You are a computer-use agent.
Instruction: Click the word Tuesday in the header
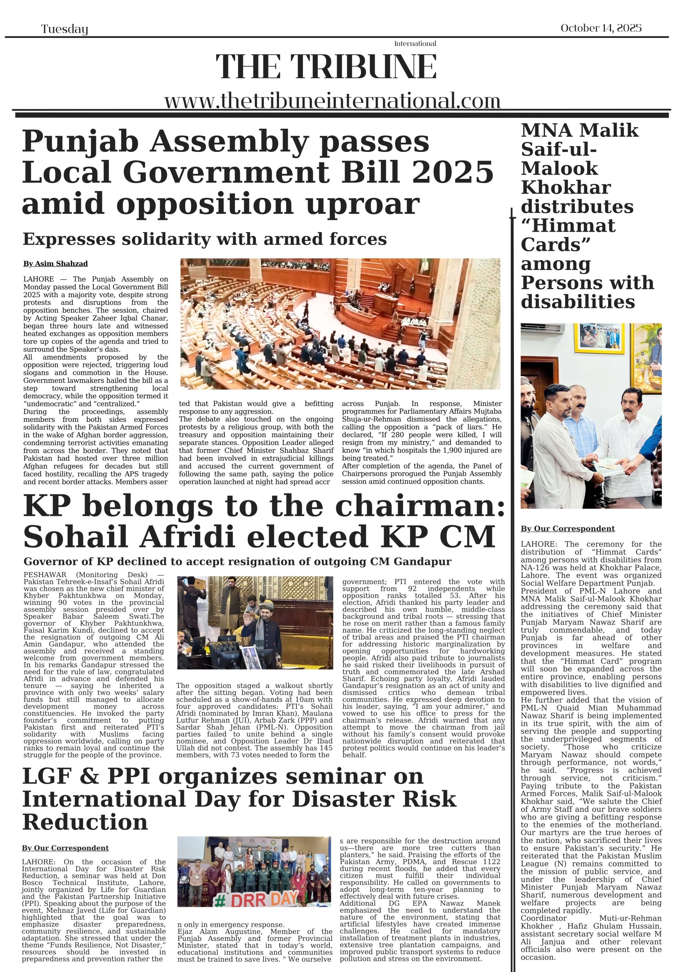pos(65,29)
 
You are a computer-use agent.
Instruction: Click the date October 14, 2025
pos(600,28)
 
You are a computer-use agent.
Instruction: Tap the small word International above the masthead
pos(415,44)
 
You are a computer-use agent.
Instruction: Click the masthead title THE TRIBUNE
pos(326,67)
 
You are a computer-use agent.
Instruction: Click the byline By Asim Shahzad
pos(55,264)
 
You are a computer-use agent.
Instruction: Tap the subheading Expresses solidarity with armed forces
pos(205,239)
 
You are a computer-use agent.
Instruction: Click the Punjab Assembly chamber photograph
pos(340,324)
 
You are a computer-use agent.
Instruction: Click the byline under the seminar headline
pos(65,848)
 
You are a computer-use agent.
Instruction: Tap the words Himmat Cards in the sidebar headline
pos(568,235)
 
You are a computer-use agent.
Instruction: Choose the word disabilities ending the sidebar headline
pos(578,302)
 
